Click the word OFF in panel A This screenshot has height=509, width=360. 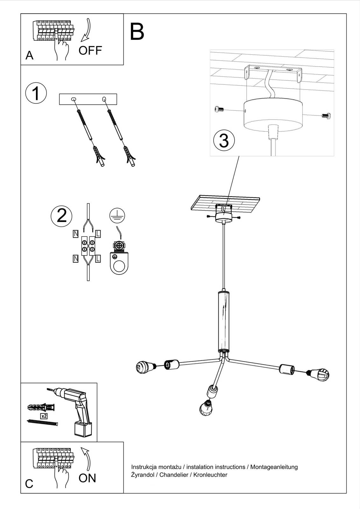click(90, 51)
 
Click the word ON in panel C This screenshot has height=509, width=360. click(87, 478)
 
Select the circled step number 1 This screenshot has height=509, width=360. click(36, 94)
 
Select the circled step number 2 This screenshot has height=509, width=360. click(61, 215)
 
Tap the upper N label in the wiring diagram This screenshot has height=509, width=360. click(75, 234)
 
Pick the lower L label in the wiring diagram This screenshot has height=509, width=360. click(98, 259)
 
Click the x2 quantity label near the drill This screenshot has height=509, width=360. click(44, 415)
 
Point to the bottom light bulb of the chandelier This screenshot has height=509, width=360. click(206, 408)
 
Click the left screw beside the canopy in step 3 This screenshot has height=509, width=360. click(219, 110)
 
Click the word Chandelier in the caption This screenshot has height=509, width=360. click(174, 475)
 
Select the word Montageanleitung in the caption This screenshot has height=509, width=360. click(274, 467)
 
